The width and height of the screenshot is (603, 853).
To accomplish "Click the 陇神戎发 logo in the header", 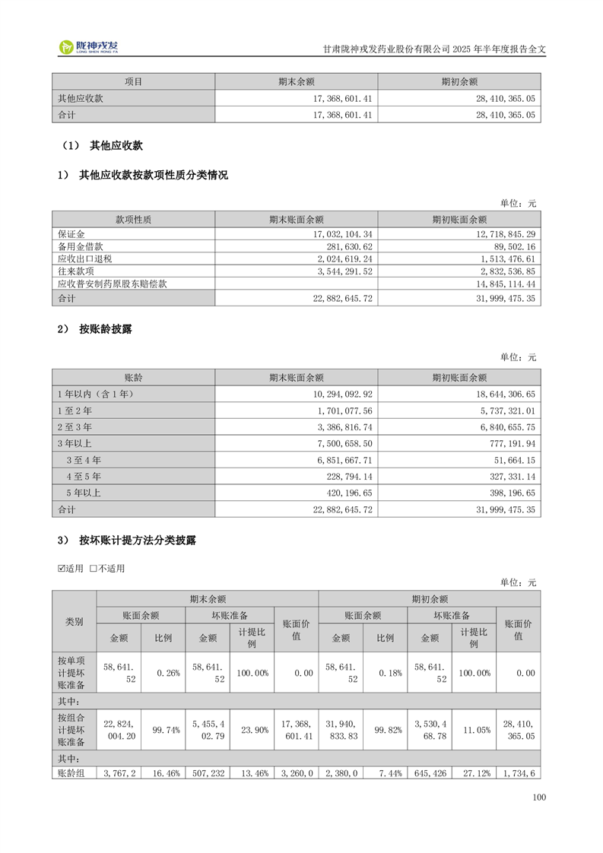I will [x=89, y=48].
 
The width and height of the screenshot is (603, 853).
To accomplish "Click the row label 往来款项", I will [x=75, y=271].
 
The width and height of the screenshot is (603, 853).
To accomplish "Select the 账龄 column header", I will [x=133, y=377].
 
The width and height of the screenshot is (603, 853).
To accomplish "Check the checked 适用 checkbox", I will [x=62, y=569].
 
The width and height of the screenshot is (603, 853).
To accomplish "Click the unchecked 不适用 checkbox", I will [x=94, y=569].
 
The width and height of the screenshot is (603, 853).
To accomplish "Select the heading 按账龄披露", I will [x=106, y=329].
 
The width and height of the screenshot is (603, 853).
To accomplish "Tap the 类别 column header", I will [x=74, y=621].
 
